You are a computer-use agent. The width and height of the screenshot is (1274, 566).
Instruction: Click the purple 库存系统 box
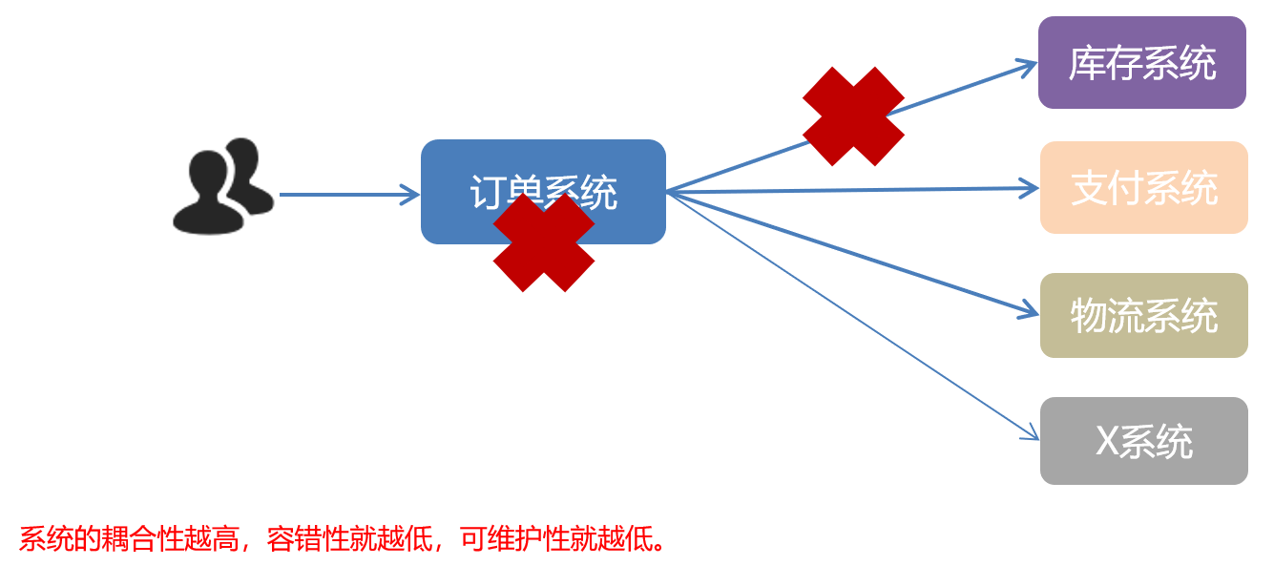pyautogui.click(x=1141, y=63)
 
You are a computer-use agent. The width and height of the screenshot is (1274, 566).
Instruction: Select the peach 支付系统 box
pyautogui.click(x=1143, y=188)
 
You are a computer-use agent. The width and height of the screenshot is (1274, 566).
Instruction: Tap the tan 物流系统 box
pyautogui.click(x=1143, y=316)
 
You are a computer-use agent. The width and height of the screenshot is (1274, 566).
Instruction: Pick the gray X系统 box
pyautogui.click(x=1143, y=441)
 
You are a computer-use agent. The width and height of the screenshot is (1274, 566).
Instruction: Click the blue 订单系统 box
pyautogui.click(x=543, y=172)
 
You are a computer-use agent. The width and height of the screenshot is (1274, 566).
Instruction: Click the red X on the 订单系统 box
pyautogui.click(x=544, y=242)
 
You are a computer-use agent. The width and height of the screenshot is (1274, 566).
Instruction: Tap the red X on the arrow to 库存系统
pyautogui.click(x=853, y=115)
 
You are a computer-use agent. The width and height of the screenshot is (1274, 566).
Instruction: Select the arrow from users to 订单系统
pyautogui.click(x=348, y=195)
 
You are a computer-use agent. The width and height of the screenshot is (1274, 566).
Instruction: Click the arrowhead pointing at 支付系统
pyautogui.click(x=1031, y=188)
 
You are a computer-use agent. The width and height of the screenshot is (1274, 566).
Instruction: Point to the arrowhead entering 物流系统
pyautogui.click(x=1030, y=311)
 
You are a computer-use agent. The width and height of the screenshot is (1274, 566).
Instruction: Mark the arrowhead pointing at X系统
pyautogui.click(x=1031, y=435)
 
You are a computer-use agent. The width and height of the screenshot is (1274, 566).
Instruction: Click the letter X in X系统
pyautogui.click(x=1107, y=441)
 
